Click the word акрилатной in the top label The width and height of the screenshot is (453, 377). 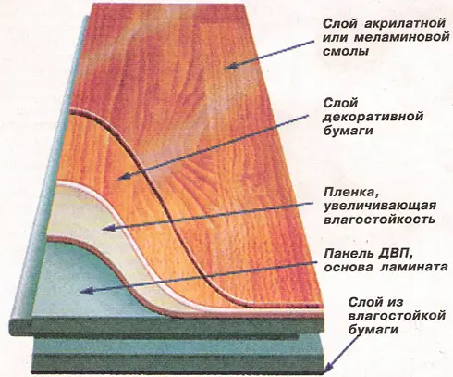click(406, 23)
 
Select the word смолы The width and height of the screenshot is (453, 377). click(346, 51)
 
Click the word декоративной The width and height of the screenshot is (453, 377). click(373, 117)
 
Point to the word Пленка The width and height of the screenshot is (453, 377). click(350, 193)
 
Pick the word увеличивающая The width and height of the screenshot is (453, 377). click(380, 206)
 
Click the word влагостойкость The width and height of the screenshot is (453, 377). click(379, 220)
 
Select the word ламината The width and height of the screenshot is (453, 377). click(414, 267)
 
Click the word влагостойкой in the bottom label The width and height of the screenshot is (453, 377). click(397, 316)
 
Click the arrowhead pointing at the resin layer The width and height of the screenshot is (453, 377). click(229, 66)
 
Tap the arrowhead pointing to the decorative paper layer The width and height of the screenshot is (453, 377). click(123, 177)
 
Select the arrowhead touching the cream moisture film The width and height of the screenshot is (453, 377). click(107, 228)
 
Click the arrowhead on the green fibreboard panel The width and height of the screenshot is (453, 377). click(84, 291)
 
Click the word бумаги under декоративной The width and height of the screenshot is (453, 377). click(349, 131)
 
